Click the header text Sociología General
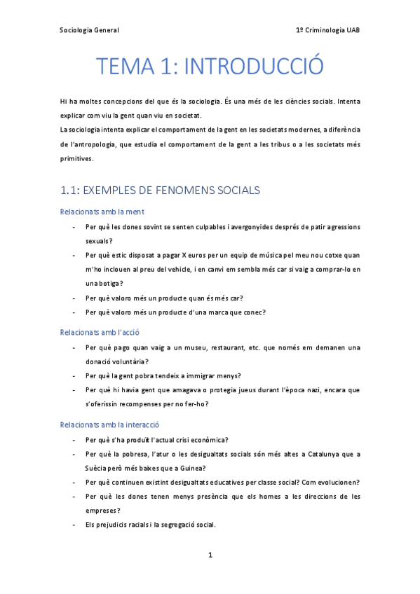(x=89, y=30)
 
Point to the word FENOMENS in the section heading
(x=182, y=190)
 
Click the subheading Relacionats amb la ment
(x=102, y=211)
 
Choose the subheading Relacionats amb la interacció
(x=110, y=424)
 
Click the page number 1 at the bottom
(x=210, y=555)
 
